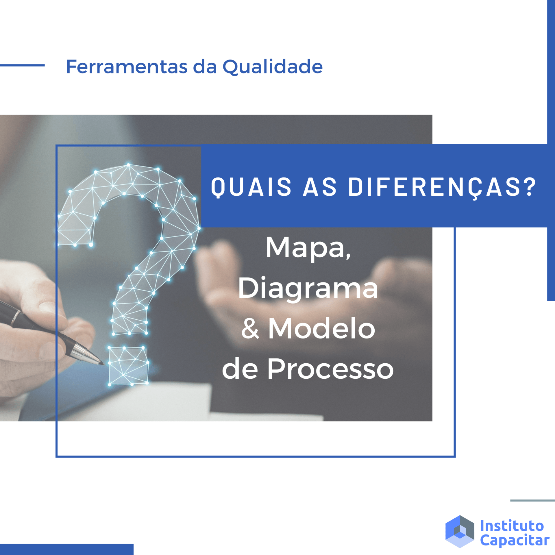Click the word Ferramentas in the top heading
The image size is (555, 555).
127,66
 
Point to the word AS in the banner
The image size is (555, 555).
320,187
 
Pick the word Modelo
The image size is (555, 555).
322,328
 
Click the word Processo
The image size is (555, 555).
330,369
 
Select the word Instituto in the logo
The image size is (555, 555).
512,526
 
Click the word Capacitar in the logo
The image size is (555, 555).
515,541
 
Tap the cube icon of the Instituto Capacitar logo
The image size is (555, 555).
460,531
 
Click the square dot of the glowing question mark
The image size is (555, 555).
128,366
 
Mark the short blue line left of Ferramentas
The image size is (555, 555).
22,65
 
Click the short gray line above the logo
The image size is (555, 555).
532,500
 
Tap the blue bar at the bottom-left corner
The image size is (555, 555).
67,550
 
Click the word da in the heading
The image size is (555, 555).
205,67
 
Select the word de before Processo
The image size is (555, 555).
240,369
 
